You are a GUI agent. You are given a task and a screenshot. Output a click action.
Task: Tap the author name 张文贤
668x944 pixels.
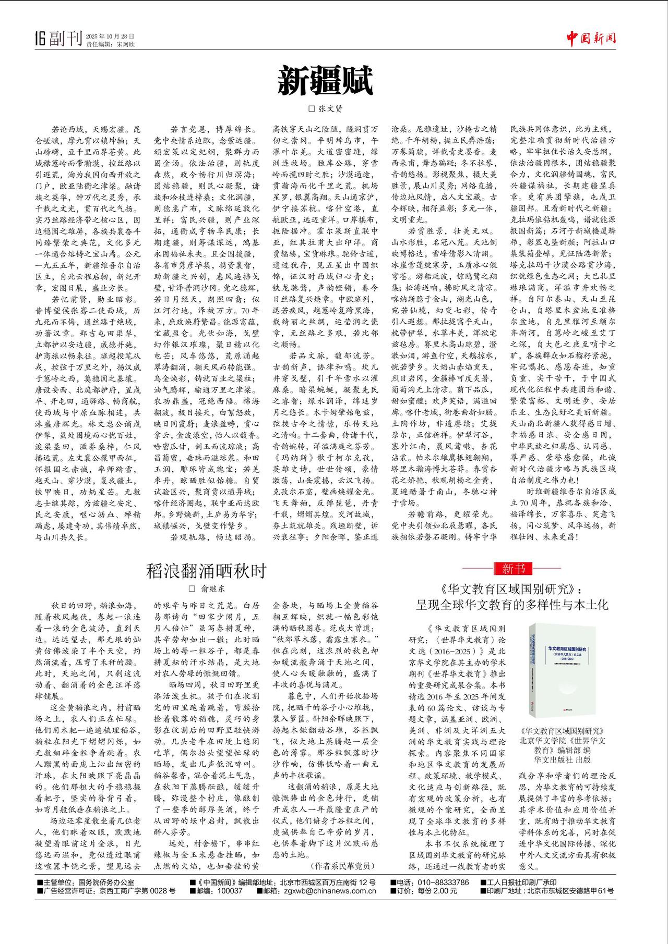(x=329, y=109)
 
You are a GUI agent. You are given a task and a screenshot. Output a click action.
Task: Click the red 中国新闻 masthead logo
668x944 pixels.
(x=592, y=38)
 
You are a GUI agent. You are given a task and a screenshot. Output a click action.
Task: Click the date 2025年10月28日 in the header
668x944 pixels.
(x=110, y=36)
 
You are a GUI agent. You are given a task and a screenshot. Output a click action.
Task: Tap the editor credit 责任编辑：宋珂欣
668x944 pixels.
(x=110, y=44)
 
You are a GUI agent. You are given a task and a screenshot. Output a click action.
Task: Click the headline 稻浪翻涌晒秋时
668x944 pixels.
(x=207, y=571)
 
